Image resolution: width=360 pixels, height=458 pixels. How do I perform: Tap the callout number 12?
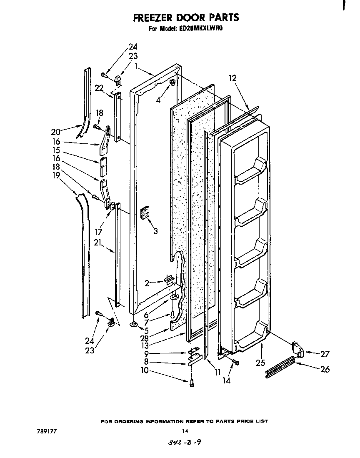[x=232, y=78]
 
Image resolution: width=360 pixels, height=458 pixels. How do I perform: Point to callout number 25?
[x=260, y=363]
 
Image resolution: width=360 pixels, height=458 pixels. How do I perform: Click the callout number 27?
[x=325, y=354]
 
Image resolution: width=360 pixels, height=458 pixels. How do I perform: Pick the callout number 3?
[x=155, y=231]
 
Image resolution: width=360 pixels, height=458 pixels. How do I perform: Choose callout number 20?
[x=55, y=132]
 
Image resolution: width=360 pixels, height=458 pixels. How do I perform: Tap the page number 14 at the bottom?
[x=185, y=431]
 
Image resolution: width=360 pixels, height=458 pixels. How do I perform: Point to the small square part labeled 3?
[x=145, y=213]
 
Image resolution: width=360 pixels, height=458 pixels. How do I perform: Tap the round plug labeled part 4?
[x=171, y=85]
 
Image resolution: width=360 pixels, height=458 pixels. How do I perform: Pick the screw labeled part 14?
[x=235, y=363]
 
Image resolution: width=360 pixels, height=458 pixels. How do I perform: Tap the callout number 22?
[x=99, y=88]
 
